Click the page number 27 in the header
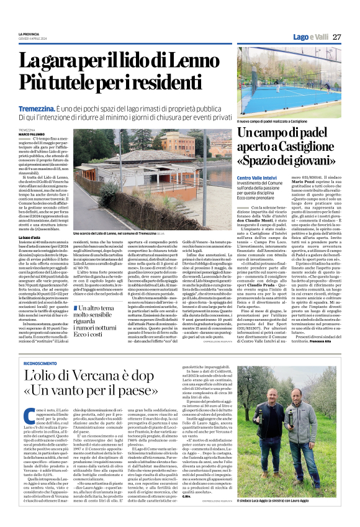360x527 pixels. (x=337, y=37)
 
